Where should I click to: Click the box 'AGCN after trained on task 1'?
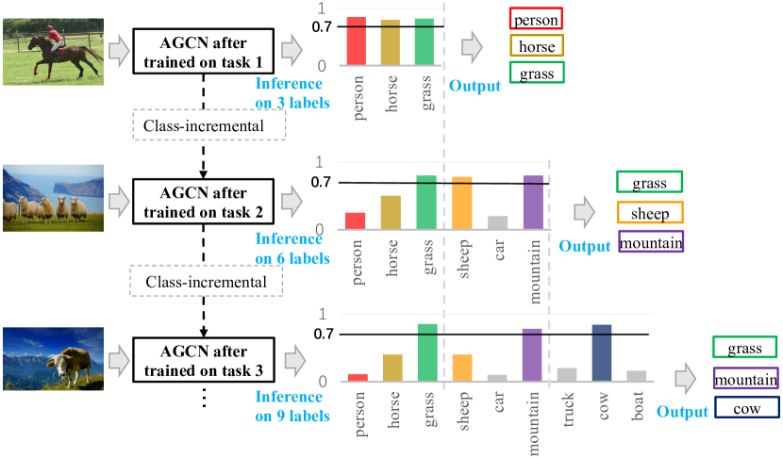pos(203,50)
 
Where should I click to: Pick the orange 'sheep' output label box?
pos(650,213)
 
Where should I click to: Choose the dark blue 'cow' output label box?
pos(745,409)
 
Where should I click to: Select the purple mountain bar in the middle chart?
pos(533,203)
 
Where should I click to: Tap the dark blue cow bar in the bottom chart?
pos(602,353)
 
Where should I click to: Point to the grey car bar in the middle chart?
pos(497,222)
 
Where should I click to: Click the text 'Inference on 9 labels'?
pos(292,405)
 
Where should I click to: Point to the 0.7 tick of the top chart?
pos(323,26)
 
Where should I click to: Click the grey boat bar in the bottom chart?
pos(637,376)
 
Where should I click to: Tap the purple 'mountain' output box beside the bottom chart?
pos(745,380)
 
